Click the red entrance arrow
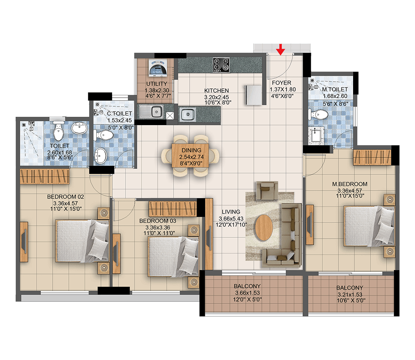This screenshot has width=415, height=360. pyautogui.click(x=281, y=50)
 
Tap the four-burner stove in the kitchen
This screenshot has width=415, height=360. pyautogui.click(x=221, y=65)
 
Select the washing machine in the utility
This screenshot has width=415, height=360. pyautogui.click(x=158, y=68)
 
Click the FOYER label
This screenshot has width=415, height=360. pyautogui.click(x=281, y=83)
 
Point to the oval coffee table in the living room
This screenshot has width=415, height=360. pyautogui.click(x=264, y=227)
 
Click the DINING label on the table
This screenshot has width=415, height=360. pyautogui.click(x=191, y=150)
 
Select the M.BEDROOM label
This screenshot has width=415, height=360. pyautogui.click(x=350, y=184)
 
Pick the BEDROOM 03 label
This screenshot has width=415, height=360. pyautogui.click(x=158, y=221)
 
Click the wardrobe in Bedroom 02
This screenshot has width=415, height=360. pyautogui.click(x=45, y=176)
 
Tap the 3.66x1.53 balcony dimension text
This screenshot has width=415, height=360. pyautogui.click(x=248, y=293)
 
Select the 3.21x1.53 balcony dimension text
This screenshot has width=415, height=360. pyautogui.click(x=350, y=294)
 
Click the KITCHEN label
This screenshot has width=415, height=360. pyautogui.click(x=217, y=91)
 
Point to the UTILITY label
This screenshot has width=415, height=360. pyautogui.click(x=157, y=84)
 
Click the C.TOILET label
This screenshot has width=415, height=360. pyautogui.click(x=119, y=113)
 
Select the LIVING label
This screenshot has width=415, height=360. pyautogui.click(x=231, y=211)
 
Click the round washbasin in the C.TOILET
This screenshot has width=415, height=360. pyautogui.click(x=101, y=156)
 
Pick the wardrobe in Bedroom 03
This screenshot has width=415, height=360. pyautogui.click(x=173, y=209)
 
